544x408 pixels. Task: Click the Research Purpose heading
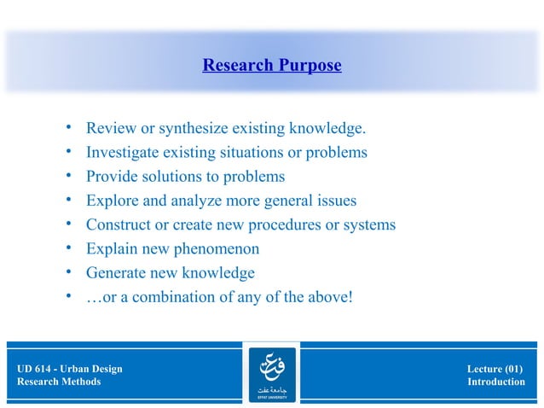[x=271, y=66]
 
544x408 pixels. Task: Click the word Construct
[x=118, y=225]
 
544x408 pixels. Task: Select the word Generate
[x=116, y=273]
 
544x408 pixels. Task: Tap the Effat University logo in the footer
[x=271, y=374]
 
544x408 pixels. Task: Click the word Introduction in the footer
[x=495, y=382]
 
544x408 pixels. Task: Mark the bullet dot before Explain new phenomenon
[x=67, y=249]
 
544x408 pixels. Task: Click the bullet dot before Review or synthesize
[x=67, y=129]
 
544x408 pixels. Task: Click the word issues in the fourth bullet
[x=337, y=201]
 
